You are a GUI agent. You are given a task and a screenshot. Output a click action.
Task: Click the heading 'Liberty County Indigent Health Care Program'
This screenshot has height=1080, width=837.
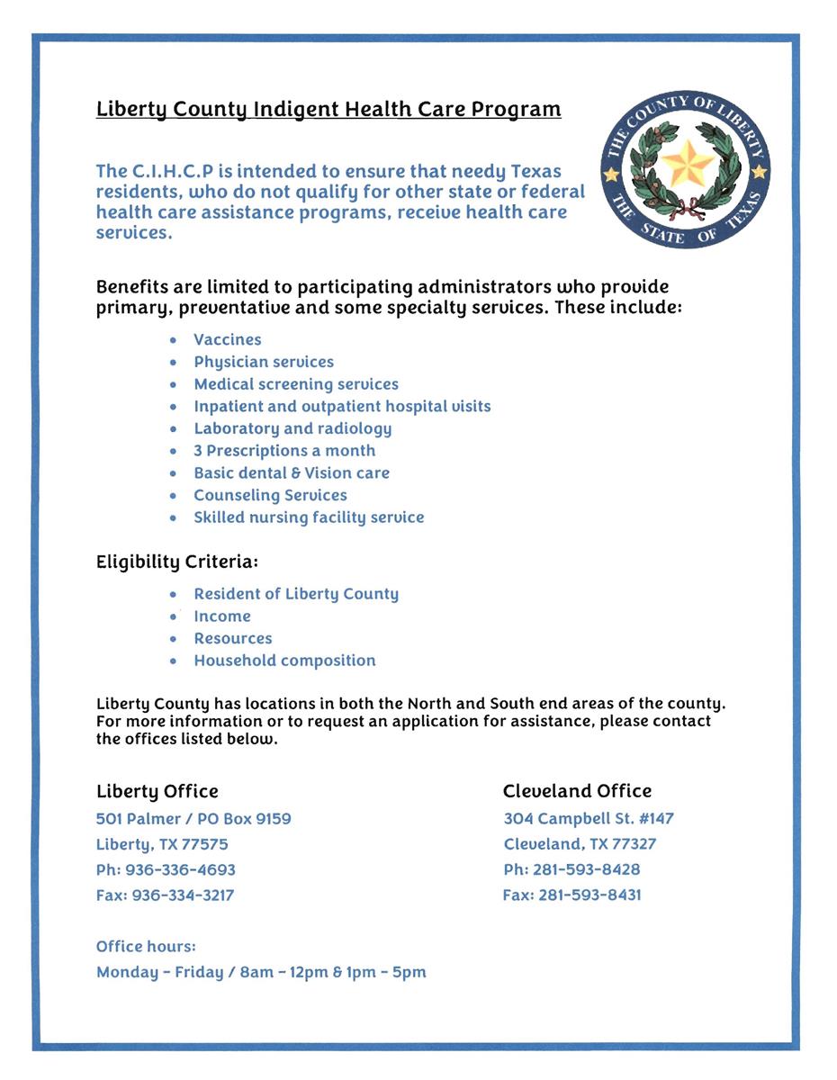[x=328, y=110]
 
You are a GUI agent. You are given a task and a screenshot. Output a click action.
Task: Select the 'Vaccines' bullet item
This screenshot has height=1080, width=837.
[x=228, y=339]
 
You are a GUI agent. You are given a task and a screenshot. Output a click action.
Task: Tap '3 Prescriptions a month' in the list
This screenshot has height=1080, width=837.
[x=284, y=451]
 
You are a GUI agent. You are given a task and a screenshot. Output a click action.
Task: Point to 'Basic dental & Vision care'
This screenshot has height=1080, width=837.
[x=292, y=472]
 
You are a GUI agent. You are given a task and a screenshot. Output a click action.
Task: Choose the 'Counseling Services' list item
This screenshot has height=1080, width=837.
[x=270, y=495]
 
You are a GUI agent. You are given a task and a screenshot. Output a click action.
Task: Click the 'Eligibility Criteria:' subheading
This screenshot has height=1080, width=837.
[x=177, y=562]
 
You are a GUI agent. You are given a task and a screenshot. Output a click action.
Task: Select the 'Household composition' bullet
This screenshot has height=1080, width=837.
[x=284, y=661]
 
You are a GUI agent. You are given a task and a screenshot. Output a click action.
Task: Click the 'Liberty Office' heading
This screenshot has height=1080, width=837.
[x=157, y=791]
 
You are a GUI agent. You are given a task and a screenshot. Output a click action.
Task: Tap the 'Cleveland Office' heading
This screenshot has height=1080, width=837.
[x=577, y=791]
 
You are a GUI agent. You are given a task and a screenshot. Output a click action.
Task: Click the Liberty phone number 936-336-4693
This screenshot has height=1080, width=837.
[x=184, y=869]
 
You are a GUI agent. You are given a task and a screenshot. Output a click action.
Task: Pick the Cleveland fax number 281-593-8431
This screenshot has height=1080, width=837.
[x=589, y=895]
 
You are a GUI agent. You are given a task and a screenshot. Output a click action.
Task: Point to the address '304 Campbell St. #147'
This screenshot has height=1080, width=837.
[x=589, y=819]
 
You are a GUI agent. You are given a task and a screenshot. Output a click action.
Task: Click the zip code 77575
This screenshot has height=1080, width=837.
[x=206, y=844]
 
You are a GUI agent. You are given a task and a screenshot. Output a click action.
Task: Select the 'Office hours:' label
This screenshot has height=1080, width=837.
[x=146, y=947]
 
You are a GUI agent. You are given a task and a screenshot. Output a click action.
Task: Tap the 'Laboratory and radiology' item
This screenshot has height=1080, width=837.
[x=292, y=428]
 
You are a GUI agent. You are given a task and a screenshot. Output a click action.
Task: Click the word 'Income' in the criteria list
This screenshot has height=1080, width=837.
[x=222, y=616]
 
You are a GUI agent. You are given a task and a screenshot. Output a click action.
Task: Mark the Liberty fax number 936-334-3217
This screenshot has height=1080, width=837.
[x=183, y=895]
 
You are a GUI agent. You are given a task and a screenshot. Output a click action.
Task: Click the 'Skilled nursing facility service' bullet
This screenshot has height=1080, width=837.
[x=309, y=517]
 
